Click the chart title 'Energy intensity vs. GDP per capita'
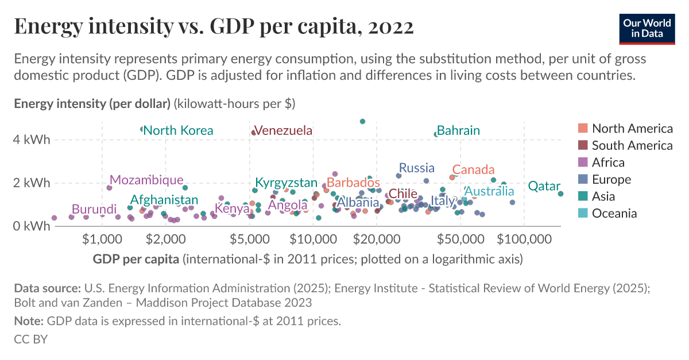click(x=214, y=27)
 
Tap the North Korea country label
click(x=178, y=130)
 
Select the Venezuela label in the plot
click(x=283, y=130)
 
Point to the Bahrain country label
click(x=458, y=130)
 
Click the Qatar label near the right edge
click(x=544, y=186)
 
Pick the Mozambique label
click(x=146, y=180)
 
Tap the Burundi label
click(x=94, y=209)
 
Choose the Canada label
click(x=473, y=170)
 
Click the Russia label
click(x=416, y=168)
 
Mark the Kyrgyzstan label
click(x=286, y=183)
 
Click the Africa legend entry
click(x=608, y=162)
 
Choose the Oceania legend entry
click(x=614, y=214)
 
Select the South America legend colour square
click(x=583, y=145)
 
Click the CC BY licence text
click(x=30, y=339)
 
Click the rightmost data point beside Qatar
click(x=560, y=193)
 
